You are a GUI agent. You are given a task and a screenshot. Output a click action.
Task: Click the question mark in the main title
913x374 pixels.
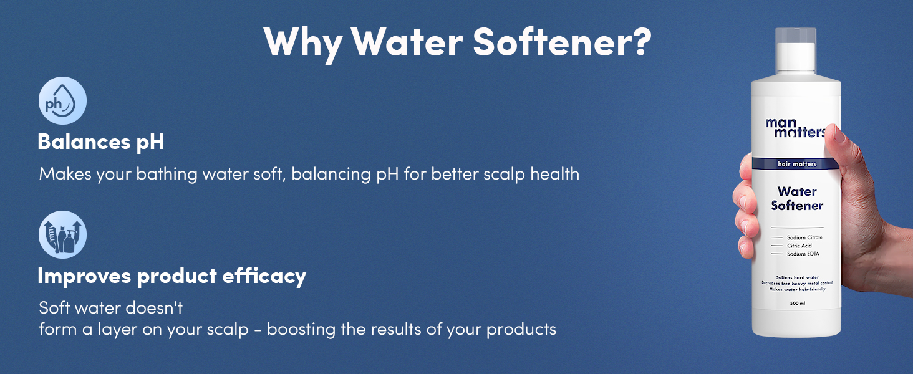point(637,42)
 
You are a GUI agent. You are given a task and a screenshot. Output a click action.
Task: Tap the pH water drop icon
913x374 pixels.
point(62,101)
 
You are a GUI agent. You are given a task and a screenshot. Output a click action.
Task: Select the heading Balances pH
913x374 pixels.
point(100,141)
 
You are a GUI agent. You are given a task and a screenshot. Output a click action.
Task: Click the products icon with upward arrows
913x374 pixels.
point(62,235)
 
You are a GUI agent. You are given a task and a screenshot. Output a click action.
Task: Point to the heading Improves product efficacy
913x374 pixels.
point(171,276)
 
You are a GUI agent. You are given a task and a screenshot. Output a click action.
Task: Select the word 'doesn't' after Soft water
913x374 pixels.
point(152,307)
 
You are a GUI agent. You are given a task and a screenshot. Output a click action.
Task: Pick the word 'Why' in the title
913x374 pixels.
point(302,42)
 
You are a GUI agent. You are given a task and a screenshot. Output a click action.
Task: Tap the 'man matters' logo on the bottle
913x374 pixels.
point(795,127)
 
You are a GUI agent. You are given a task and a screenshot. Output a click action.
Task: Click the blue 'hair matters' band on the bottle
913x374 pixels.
point(796,164)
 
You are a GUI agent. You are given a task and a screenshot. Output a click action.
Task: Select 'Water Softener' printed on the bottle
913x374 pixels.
point(797,198)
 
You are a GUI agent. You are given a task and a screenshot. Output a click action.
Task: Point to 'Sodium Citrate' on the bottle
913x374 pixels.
point(804,237)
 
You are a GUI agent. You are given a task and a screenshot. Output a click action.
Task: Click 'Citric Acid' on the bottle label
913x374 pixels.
point(799,246)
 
